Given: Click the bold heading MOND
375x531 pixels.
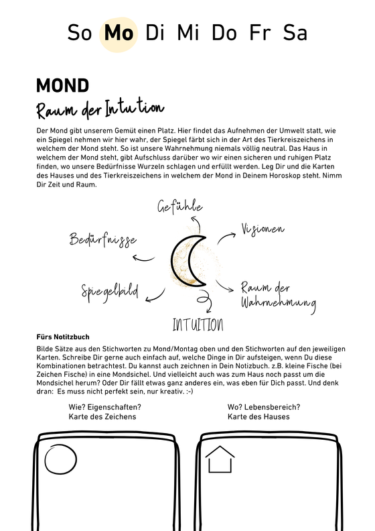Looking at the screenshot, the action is [x=62, y=86].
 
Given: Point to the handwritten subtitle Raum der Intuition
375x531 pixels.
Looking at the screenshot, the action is [x=100, y=109].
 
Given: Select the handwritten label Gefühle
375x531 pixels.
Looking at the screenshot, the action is [x=179, y=207].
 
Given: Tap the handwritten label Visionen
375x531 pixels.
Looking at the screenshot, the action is [x=262, y=229].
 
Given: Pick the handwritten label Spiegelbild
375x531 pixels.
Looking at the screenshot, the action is [x=110, y=291].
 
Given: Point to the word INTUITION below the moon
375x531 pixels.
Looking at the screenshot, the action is [x=198, y=326].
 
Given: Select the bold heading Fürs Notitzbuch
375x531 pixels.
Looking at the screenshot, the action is [x=63, y=337].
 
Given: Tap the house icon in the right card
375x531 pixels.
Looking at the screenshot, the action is [x=220, y=461].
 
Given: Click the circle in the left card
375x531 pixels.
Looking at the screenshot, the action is [x=61, y=462].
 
